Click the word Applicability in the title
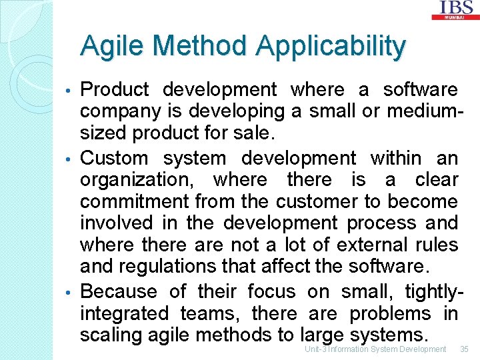coord(330,47)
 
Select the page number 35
coord(465,349)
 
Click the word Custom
coord(113,159)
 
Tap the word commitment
coord(135,202)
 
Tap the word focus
coord(271,292)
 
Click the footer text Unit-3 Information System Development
coord(375,349)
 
